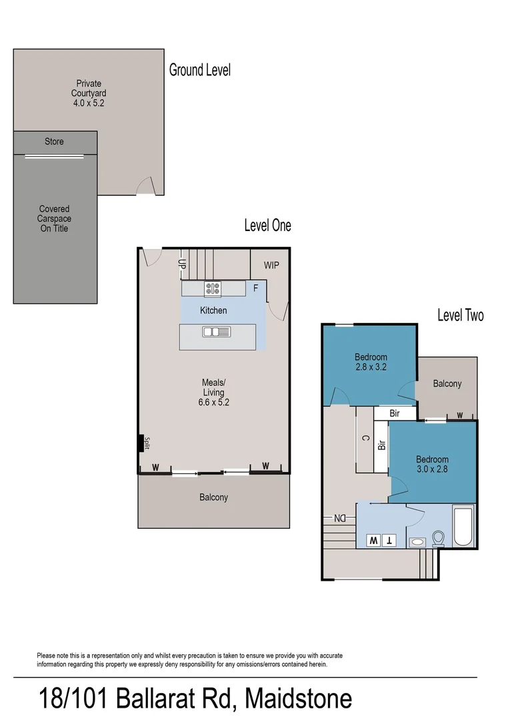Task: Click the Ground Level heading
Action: click(x=200, y=69)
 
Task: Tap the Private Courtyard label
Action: click(x=89, y=93)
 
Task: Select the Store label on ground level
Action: click(x=55, y=142)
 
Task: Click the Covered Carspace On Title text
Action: click(x=54, y=219)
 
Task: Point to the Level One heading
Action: click(x=267, y=226)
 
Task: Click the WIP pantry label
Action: click(x=271, y=265)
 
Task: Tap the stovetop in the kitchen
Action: click(x=213, y=289)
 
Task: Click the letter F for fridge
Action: click(x=255, y=288)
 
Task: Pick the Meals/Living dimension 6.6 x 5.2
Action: click(x=214, y=403)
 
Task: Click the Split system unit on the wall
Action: click(x=141, y=443)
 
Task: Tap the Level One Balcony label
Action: click(x=214, y=497)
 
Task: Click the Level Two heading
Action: click(x=461, y=315)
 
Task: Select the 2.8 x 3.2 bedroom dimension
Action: click(x=371, y=367)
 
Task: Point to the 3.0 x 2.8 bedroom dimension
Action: click(x=433, y=469)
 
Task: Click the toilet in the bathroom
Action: click(x=439, y=538)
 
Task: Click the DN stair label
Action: click(x=340, y=518)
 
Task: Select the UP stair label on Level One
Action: click(x=181, y=263)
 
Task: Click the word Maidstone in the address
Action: click(x=298, y=699)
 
